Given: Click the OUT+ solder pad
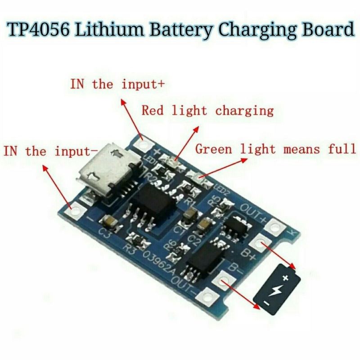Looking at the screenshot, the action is coord(273,226).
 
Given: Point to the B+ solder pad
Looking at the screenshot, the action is coord(260,243).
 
